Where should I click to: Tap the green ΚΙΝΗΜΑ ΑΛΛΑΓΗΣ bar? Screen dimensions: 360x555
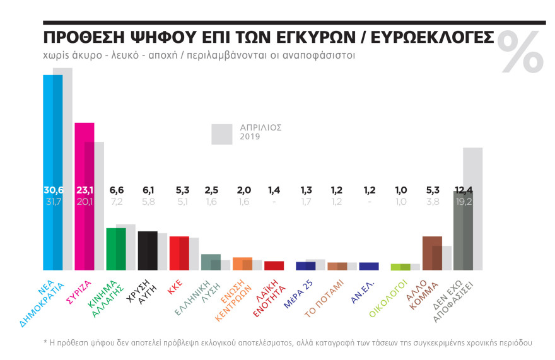[x=115, y=248]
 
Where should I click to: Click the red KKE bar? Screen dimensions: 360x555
[x=179, y=253]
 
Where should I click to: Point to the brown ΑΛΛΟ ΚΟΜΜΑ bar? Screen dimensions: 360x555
[x=431, y=253]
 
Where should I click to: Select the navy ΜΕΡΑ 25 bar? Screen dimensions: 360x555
[x=305, y=265]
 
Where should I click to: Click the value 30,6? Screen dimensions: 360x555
[x=53, y=189]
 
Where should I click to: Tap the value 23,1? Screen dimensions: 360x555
[x=85, y=189]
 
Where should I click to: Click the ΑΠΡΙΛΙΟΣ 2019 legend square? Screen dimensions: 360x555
[x=222, y=134]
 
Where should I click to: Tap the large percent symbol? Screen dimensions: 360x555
[x=521, y=51]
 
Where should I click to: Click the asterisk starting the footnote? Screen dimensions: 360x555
[x=45, y=342]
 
